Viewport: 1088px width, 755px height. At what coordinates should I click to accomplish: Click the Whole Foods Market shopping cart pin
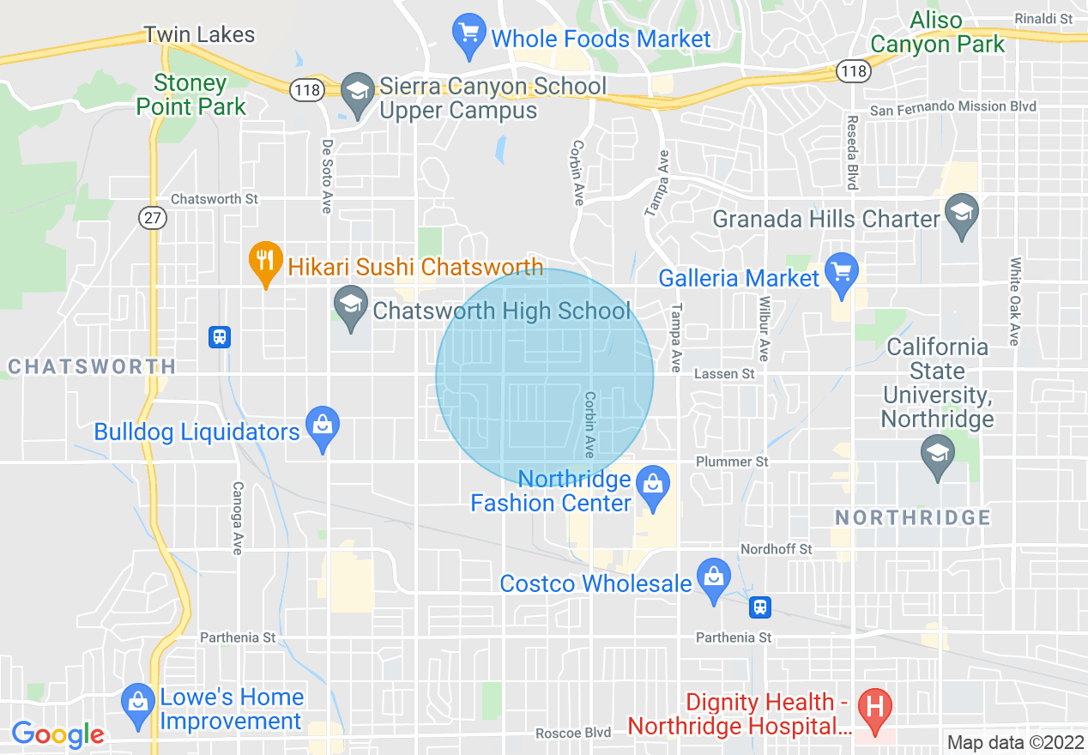coord(468,34)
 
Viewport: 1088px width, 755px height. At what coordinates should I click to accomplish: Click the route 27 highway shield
coord(153,218)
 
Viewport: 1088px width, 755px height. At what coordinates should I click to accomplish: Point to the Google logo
coord(58,734)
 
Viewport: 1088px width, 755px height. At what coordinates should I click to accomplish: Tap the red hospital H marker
coord(875,710)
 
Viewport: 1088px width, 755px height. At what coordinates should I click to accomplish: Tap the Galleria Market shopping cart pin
coord(841,274)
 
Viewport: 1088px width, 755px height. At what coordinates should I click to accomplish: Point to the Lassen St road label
coord(724,374)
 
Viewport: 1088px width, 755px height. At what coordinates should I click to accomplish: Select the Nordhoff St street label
coord(776,549)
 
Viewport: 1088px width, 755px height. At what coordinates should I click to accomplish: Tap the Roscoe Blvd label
coord(573,733)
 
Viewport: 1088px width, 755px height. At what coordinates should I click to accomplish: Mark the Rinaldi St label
coord(1043,18)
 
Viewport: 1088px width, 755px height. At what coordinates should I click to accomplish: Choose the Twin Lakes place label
coord(199,35)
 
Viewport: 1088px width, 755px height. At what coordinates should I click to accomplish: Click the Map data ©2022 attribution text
coord(1014,742)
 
